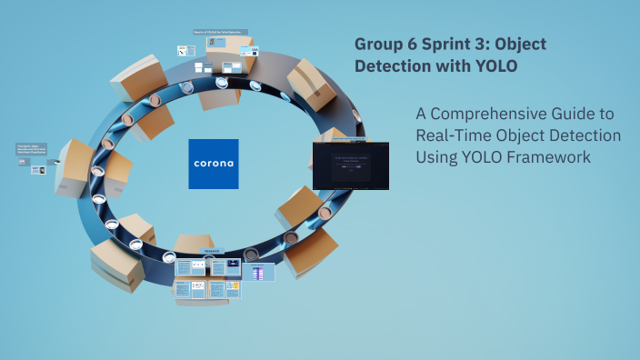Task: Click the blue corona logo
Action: [x=214, y=164]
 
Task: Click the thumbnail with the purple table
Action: [x=259, y=271]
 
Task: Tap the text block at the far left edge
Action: [x=31, y=150]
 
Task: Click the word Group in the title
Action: [x=374, y=45]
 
